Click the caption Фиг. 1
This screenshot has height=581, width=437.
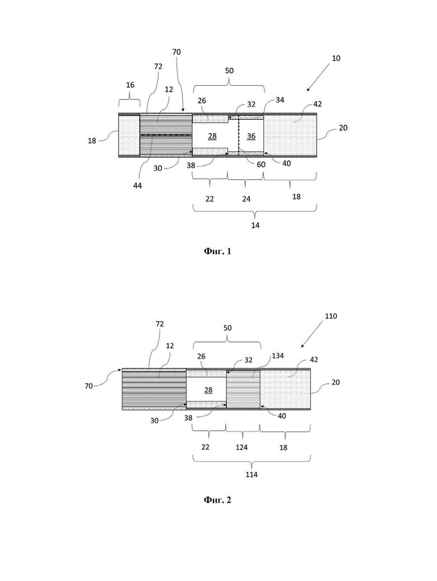pyautogui.click(x=217, y=251)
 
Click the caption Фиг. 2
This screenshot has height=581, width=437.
pyautogui.click(x=217, y=500)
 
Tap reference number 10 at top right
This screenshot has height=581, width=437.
pyautogui.click(x=336, y=58)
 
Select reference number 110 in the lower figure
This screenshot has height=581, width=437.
pyautogui.click(x=331, y=316)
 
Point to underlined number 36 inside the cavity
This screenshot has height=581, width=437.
pyautogui.click(x=251, y=137)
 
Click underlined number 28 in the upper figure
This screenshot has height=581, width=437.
pyautogui.click(x=212, y=137)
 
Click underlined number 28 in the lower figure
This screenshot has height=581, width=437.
pyautogui.click(x=208, y=390)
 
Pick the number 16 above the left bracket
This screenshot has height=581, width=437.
pyautogui.click(x=130, y=85)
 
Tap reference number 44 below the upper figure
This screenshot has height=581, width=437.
pyautogui.click(x=138, y=185)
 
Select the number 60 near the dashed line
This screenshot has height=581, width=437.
pyautogui.click(x=261, y=165)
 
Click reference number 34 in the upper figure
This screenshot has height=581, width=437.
pyautogui.click(x=280, y=100)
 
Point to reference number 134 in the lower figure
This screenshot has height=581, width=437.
pyautogui.click(x=278, y=356)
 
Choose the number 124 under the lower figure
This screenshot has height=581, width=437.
pyautogui.click(x=241, y=447)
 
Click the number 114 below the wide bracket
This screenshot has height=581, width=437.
pyautogui.click(x=252, y=474)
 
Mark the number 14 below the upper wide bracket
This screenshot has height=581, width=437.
pyautogui.click(x=255, y=225)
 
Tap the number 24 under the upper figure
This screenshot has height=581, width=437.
pyautogui.click(x=247, y=199)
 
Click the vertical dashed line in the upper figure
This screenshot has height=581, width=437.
pyautogui.click(x=239, y=135)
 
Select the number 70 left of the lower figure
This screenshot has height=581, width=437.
pyautogui.click(x=89, y=386)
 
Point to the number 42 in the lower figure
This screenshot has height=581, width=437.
pyautogui.click(x=314, y=359)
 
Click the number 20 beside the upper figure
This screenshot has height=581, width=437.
pyautogui.click(x=343, y=128)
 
